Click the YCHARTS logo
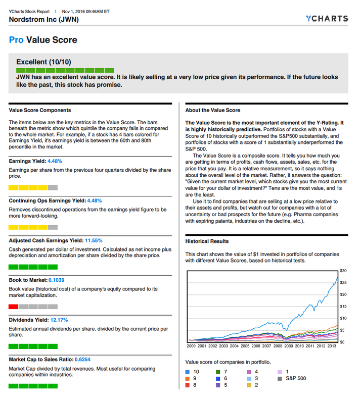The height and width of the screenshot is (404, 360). pyautogui.click(x=327, y=19)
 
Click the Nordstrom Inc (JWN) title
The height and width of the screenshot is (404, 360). pyautogui.click(x=44, y=20)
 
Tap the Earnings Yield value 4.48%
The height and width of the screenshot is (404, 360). pyautogui.click(x=55, y=161)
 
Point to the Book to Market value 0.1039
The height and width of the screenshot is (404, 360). pyautogui.click(x=56, y=280)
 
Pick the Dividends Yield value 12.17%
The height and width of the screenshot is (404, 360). pyautogui.click(x=59, y=320)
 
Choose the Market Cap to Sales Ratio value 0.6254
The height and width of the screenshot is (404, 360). pyautogui.click(x=82, y=360)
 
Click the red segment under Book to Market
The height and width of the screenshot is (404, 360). pyautogui.click(x=14, y=307)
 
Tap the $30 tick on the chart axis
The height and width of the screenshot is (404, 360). pyautogui.click(x=343, y=271)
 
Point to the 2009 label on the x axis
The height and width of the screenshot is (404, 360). pyautogui.click(x=288, y=346)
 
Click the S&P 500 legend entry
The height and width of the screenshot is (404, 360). pyautogui.click(x=295, y=378)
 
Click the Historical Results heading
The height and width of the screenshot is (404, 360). pyautogui.click(x=207, y=241)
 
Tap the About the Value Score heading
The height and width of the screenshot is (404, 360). pyautogui.click(x=213, y=110)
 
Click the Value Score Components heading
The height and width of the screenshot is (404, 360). pyautogui.click(x=40, y=110)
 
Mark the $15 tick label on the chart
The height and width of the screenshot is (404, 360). pyautogui.click(x=343, y=306)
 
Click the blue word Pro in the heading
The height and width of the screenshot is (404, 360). pyautogui.click(x=16, y=40)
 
